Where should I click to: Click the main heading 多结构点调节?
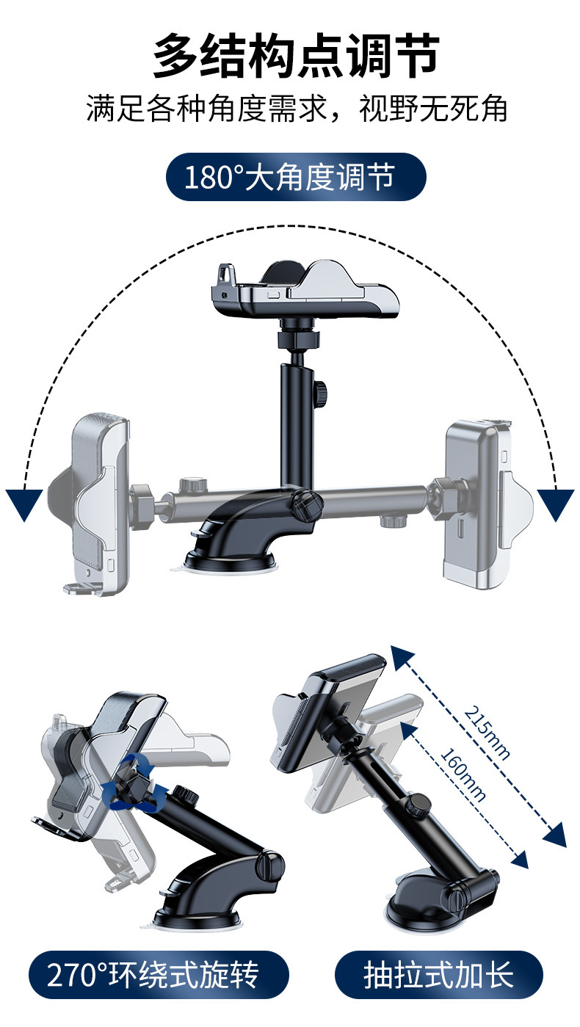pos(296,55)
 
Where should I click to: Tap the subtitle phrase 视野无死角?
pos(433,109)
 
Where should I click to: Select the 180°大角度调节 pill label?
pos(296,176)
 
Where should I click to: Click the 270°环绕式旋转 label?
pos(159,975)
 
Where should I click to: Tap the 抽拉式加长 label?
pos(439,975)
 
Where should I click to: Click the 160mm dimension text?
pos(463,774)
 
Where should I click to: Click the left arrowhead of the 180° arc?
pos(24,504)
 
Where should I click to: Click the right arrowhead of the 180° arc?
pos(556,504)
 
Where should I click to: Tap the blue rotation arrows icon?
pos(134,784)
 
